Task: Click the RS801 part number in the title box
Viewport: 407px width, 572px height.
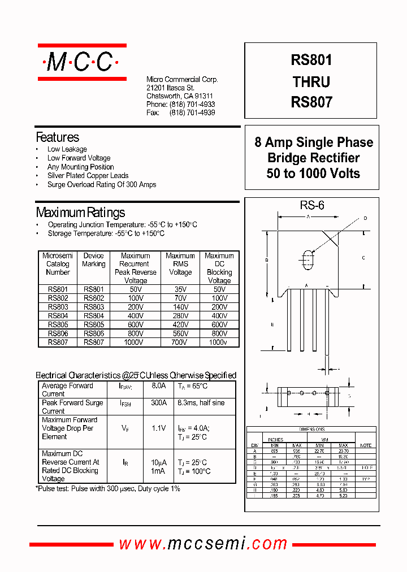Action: (x=311, y=60)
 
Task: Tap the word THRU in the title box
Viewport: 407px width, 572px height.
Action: (x=311, y=82)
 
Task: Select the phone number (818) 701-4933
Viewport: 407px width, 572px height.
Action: (x=192, y=105)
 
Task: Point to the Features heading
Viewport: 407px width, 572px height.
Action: (x=57, y=137)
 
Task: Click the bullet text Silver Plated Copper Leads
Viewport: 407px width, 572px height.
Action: (x=88, y=176)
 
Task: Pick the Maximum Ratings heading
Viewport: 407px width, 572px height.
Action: (x=80, y=213)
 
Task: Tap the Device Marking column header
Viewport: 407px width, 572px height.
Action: (x=94, y=260)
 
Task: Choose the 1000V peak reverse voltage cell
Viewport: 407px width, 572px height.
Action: (x=136, y=342)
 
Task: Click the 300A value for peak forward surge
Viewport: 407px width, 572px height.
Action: (x=158, y=403)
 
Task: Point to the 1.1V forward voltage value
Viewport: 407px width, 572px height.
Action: (x=158, y=428)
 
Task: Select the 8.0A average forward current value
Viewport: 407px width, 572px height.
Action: (x=158, y=386)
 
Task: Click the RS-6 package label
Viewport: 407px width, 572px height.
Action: (x=312, y=206)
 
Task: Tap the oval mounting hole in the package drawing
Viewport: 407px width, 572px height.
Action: (x=308, y=259)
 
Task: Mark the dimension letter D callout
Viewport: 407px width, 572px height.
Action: (x=365, y=218)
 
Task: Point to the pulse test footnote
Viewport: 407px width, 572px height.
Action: (x=108, y=488)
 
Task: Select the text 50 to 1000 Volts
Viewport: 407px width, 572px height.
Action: (x=313, y=174)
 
